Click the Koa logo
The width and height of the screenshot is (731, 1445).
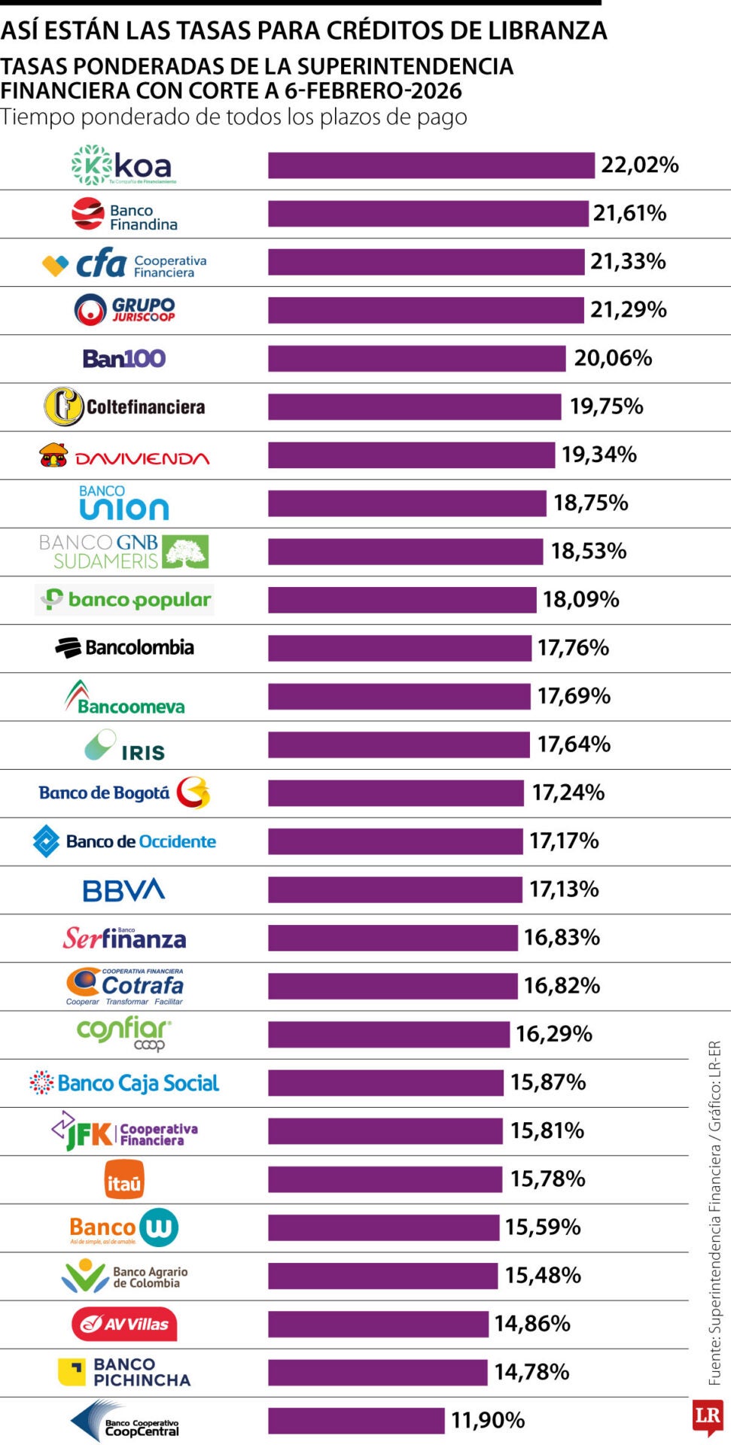point(123,165)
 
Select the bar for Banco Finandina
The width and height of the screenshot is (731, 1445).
point(428,213)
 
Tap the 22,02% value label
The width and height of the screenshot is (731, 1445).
point(639,165)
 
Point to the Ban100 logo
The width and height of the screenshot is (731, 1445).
point(123,358)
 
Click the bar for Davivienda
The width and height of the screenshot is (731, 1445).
point(411,455)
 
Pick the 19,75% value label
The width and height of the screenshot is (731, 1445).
point(606,406)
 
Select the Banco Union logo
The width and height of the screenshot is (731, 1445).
point(123,503)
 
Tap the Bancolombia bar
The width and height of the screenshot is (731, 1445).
point(399,648)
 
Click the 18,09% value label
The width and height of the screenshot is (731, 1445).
point(580,599)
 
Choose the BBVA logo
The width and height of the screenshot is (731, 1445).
point(123,890)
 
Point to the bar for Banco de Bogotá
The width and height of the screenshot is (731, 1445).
point(395,792)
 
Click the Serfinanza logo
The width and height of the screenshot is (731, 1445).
point(123,938)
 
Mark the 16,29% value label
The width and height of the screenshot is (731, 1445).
point(553,1034)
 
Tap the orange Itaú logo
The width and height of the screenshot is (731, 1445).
point(123,1179)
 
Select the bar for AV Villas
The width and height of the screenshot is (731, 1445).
point(378,1324)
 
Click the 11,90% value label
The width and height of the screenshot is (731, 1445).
point(487,1420)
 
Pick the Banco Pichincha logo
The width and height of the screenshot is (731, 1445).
point(123,1372)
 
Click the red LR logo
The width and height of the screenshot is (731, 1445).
point(708,1416)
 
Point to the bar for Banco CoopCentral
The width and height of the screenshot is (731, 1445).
point(356,1420)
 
